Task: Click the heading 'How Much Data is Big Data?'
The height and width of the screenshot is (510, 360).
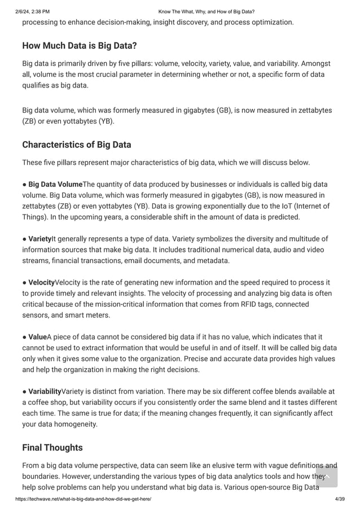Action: click(x=80, y=46)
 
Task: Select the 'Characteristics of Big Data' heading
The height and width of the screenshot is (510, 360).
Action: click(x=77, y=145)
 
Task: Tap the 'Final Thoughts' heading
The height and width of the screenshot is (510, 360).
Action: click(x=52, y=447)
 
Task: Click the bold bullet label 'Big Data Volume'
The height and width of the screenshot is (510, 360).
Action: click(x=55, y=184)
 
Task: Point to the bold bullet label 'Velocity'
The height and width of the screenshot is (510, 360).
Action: click(x=42, y=282)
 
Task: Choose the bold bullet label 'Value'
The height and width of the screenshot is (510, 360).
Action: click(x=37, y=337)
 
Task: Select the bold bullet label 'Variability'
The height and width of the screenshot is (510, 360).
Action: click(x=45, y=391)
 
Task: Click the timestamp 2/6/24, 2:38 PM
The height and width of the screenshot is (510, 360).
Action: click(x=32, y=11)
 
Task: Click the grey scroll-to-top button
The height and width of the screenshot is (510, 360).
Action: click(x=327, y=476)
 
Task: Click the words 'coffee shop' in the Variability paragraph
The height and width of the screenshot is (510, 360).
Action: click(x=52, y=402)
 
